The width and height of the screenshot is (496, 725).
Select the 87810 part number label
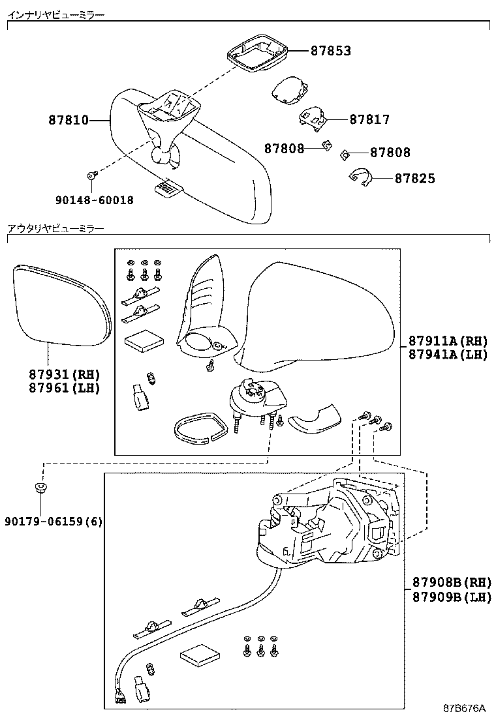69,120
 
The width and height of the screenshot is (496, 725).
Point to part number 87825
414,178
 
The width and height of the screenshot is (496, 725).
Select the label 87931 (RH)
63,374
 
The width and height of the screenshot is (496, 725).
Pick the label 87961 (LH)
63,388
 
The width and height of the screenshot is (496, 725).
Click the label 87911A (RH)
447,340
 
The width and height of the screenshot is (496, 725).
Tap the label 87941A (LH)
447,354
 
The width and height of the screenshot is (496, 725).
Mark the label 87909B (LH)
450,597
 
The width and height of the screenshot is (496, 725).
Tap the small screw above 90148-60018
92,175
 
